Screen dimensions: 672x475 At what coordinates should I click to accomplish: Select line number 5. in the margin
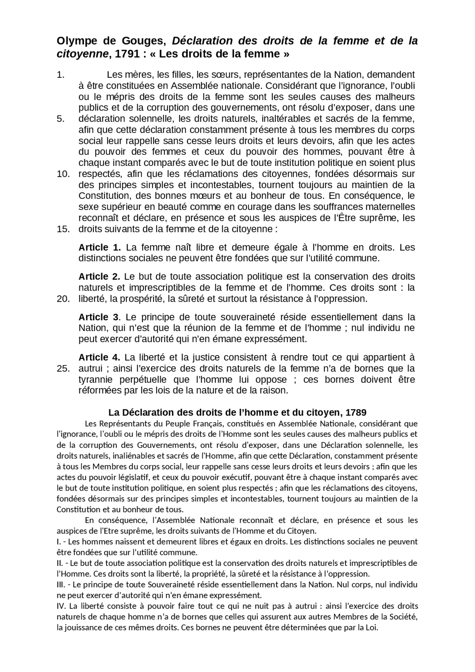(x=61, y=119)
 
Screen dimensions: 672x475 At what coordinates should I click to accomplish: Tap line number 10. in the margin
(x=63, y=174)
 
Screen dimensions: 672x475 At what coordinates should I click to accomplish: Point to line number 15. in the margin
(x=63, y=229)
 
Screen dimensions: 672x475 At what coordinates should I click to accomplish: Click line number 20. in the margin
(x=63, y=299)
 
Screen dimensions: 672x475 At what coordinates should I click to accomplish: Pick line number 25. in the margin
(x=63, y=369)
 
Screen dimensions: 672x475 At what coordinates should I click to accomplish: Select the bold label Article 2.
(x=99, y=277)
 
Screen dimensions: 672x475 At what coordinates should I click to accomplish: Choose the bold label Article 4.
(x=99, y=358)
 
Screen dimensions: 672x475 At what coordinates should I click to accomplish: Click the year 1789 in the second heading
(x=356, y=413)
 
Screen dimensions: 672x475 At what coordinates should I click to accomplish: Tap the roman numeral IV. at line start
(x=62, y=606)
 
